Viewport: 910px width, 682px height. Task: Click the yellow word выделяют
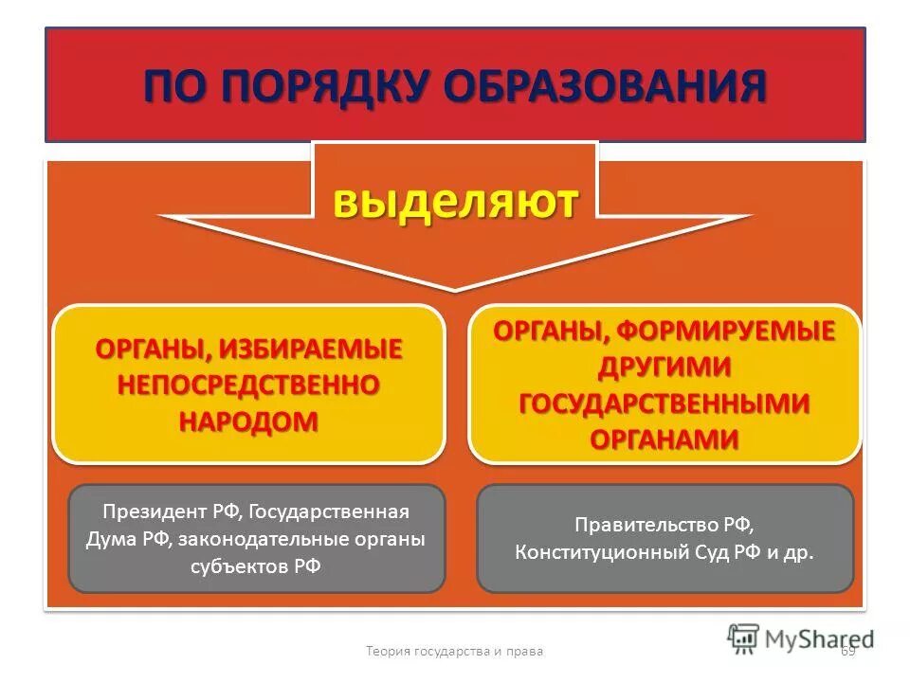(x=455, y=202)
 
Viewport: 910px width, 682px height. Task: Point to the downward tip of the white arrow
(x=455, y=287)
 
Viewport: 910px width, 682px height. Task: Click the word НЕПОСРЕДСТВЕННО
(x=248, y=385)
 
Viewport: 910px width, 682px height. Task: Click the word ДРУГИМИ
(x=664, y=367)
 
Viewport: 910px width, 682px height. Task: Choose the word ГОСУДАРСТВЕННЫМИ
(x=664, y=403)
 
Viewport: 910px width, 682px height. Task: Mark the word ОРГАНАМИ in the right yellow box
(x=664, y=439)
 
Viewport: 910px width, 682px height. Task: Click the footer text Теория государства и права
(x=455, y=651)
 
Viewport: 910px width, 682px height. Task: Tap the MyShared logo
(x=801, y=637)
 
